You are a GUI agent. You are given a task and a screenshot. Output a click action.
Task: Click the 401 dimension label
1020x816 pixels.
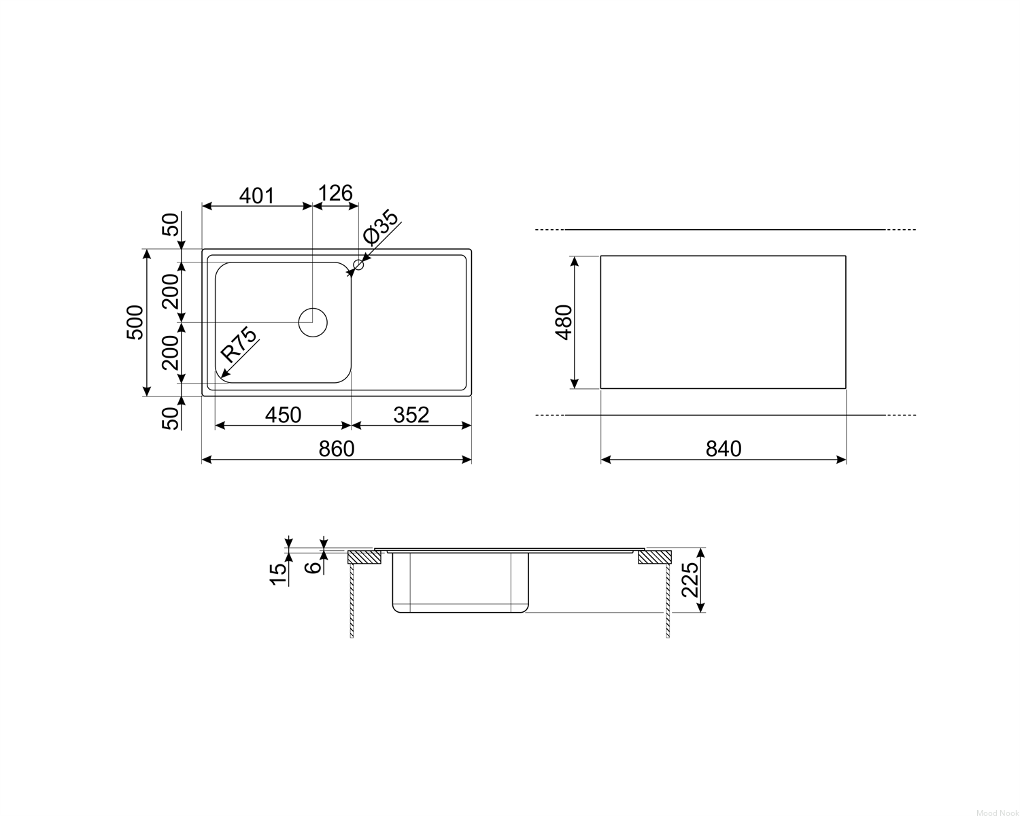coord(256,195)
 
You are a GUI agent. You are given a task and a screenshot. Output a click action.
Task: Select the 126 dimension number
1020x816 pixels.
coord(335,193)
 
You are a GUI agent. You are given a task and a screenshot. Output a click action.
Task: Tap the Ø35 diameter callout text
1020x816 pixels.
coord(381,226)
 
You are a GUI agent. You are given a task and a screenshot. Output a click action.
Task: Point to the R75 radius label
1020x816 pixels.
coord(239,344)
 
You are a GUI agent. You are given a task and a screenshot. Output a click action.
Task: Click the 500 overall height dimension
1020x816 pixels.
coord(135,322)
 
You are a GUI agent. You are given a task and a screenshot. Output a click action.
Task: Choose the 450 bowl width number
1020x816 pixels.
coord(283,415)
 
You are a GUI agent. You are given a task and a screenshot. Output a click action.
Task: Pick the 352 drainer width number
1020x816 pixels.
coord(411,415)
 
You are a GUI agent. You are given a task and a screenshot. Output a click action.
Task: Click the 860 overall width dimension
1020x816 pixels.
coord(337,449)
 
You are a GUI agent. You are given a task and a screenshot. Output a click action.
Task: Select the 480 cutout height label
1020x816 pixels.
coord(564,322)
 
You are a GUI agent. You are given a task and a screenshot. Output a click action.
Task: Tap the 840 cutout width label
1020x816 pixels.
coord(724,449)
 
